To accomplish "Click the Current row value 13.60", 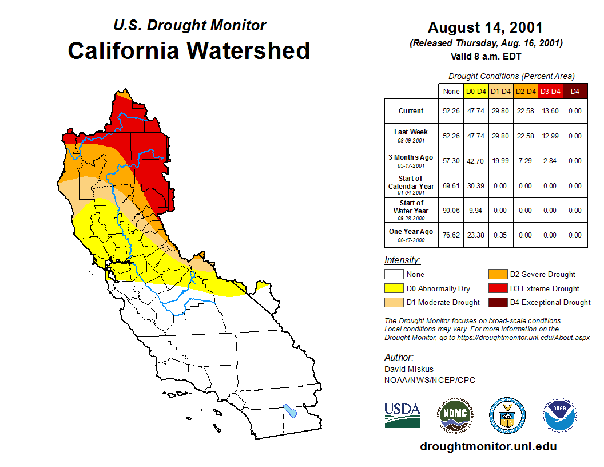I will pos(550,111).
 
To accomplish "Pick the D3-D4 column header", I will pos(550,91).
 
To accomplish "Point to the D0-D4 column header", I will pos(476,91).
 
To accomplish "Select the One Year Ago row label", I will pos(411,232).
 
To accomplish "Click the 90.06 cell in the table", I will pos(451,210).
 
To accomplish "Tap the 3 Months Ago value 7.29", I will pos(525,161).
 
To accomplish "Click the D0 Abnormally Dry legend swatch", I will pos(394,288).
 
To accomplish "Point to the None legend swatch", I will pos(394,274).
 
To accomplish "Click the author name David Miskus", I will pos(409,369).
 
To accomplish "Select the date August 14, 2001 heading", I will pos(485,27).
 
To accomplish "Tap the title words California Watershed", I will pos(189,50).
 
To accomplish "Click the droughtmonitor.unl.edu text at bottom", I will pos(488,446).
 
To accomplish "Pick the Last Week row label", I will pos(411,132).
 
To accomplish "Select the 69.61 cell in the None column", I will pos(451,185).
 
